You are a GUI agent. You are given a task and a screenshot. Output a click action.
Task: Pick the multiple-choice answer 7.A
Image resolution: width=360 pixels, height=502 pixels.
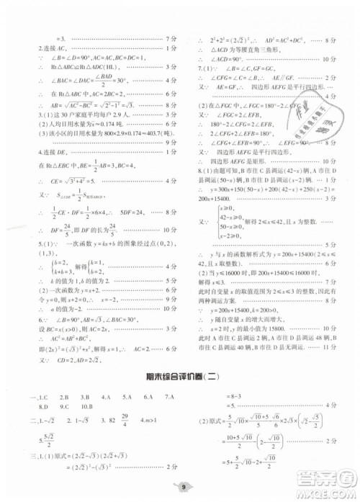coord(170,397)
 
